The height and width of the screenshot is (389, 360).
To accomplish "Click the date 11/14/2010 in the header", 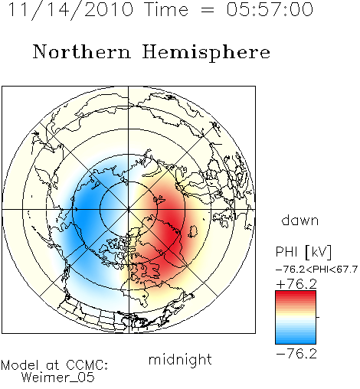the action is coord(70,10).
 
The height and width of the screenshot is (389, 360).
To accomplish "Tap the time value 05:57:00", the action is coord(270,9).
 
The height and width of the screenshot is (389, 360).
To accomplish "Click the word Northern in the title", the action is coord(82,51).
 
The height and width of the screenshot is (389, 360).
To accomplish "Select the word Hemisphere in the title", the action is coord(206,53).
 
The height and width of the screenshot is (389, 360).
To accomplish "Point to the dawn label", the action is coord(300,220).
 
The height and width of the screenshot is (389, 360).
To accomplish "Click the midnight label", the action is coord(180,359).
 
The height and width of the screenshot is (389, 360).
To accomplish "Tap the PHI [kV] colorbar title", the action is coord(303,252).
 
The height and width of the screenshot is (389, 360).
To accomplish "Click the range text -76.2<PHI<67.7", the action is coord(316,270).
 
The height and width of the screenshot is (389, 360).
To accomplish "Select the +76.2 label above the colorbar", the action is coord(296,284).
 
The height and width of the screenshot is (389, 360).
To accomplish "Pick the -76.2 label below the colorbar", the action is coord(296,354).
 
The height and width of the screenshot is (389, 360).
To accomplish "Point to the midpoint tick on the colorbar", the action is coord(318,317).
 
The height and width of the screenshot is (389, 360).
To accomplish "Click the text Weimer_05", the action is coord(58,378).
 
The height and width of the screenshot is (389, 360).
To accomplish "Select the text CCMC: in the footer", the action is coord(87,365).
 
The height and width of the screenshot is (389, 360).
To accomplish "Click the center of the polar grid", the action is coord(129,210).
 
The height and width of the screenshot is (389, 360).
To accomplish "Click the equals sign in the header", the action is coord(208,10).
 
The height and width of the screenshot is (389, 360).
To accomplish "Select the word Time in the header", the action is coord(166,9).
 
